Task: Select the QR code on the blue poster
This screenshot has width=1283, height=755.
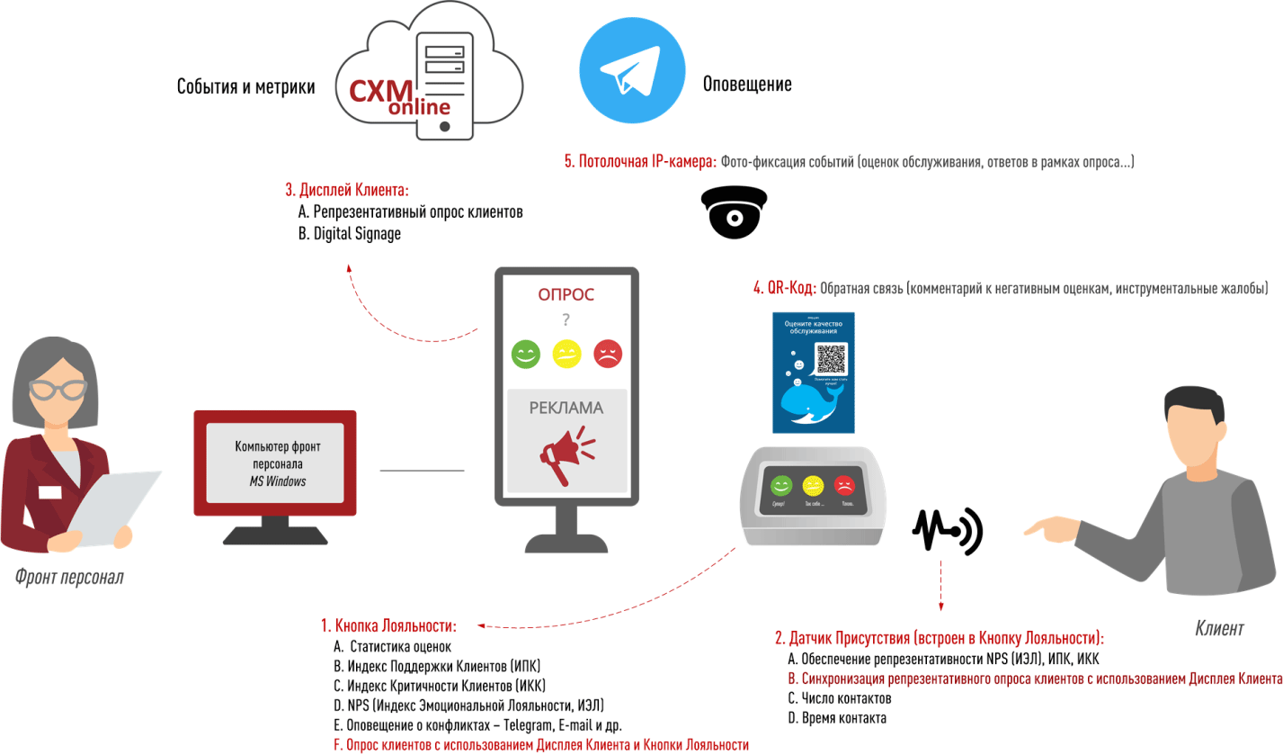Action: (832, 360)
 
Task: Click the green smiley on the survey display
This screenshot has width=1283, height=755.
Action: (525, 354)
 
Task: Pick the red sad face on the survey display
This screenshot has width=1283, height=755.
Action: (608, 354)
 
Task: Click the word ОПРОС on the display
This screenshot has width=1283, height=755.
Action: (566, 294)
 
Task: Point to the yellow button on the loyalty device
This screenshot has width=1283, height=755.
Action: (813, 486)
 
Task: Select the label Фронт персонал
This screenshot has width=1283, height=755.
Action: (69, 577)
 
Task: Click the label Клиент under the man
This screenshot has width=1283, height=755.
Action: (1219, 628)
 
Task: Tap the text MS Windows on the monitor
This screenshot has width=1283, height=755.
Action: (278, 481)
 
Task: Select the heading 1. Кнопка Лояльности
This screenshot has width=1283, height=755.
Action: (388, 625)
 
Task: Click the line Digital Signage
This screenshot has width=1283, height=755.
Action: (350, 234)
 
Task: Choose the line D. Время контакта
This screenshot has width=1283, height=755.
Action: (837, 718)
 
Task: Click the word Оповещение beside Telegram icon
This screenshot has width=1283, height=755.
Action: (746, 85)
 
